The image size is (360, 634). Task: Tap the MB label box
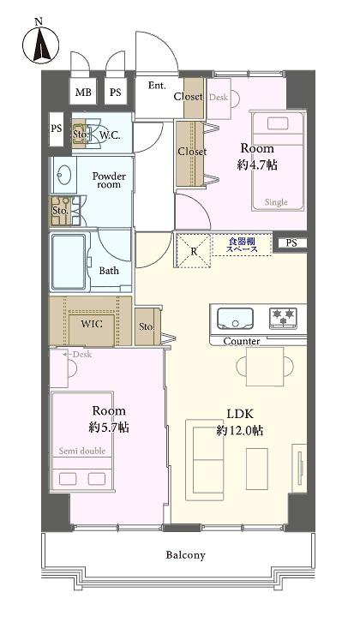point(82,93)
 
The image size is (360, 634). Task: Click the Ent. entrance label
point(157,86)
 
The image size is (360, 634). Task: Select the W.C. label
point(109,135)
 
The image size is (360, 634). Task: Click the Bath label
point(109,271)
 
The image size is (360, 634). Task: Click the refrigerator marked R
point(194,251)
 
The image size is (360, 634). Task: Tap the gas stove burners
point(284,319)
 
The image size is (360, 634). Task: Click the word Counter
point(241,341)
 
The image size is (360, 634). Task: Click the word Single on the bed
point(276,202)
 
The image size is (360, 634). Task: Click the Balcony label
point(186,555)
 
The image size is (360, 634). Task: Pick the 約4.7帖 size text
point(257,164)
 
